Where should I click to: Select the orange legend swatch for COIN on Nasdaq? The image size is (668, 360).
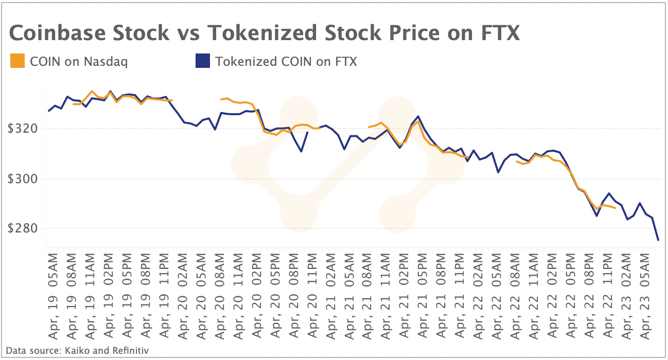[x=17, y=61]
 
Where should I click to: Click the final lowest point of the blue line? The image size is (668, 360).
[x=658, y=240]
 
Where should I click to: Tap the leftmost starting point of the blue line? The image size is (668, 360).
[x=49, y=111]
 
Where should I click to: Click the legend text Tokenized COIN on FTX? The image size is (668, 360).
[x=286, y=62]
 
